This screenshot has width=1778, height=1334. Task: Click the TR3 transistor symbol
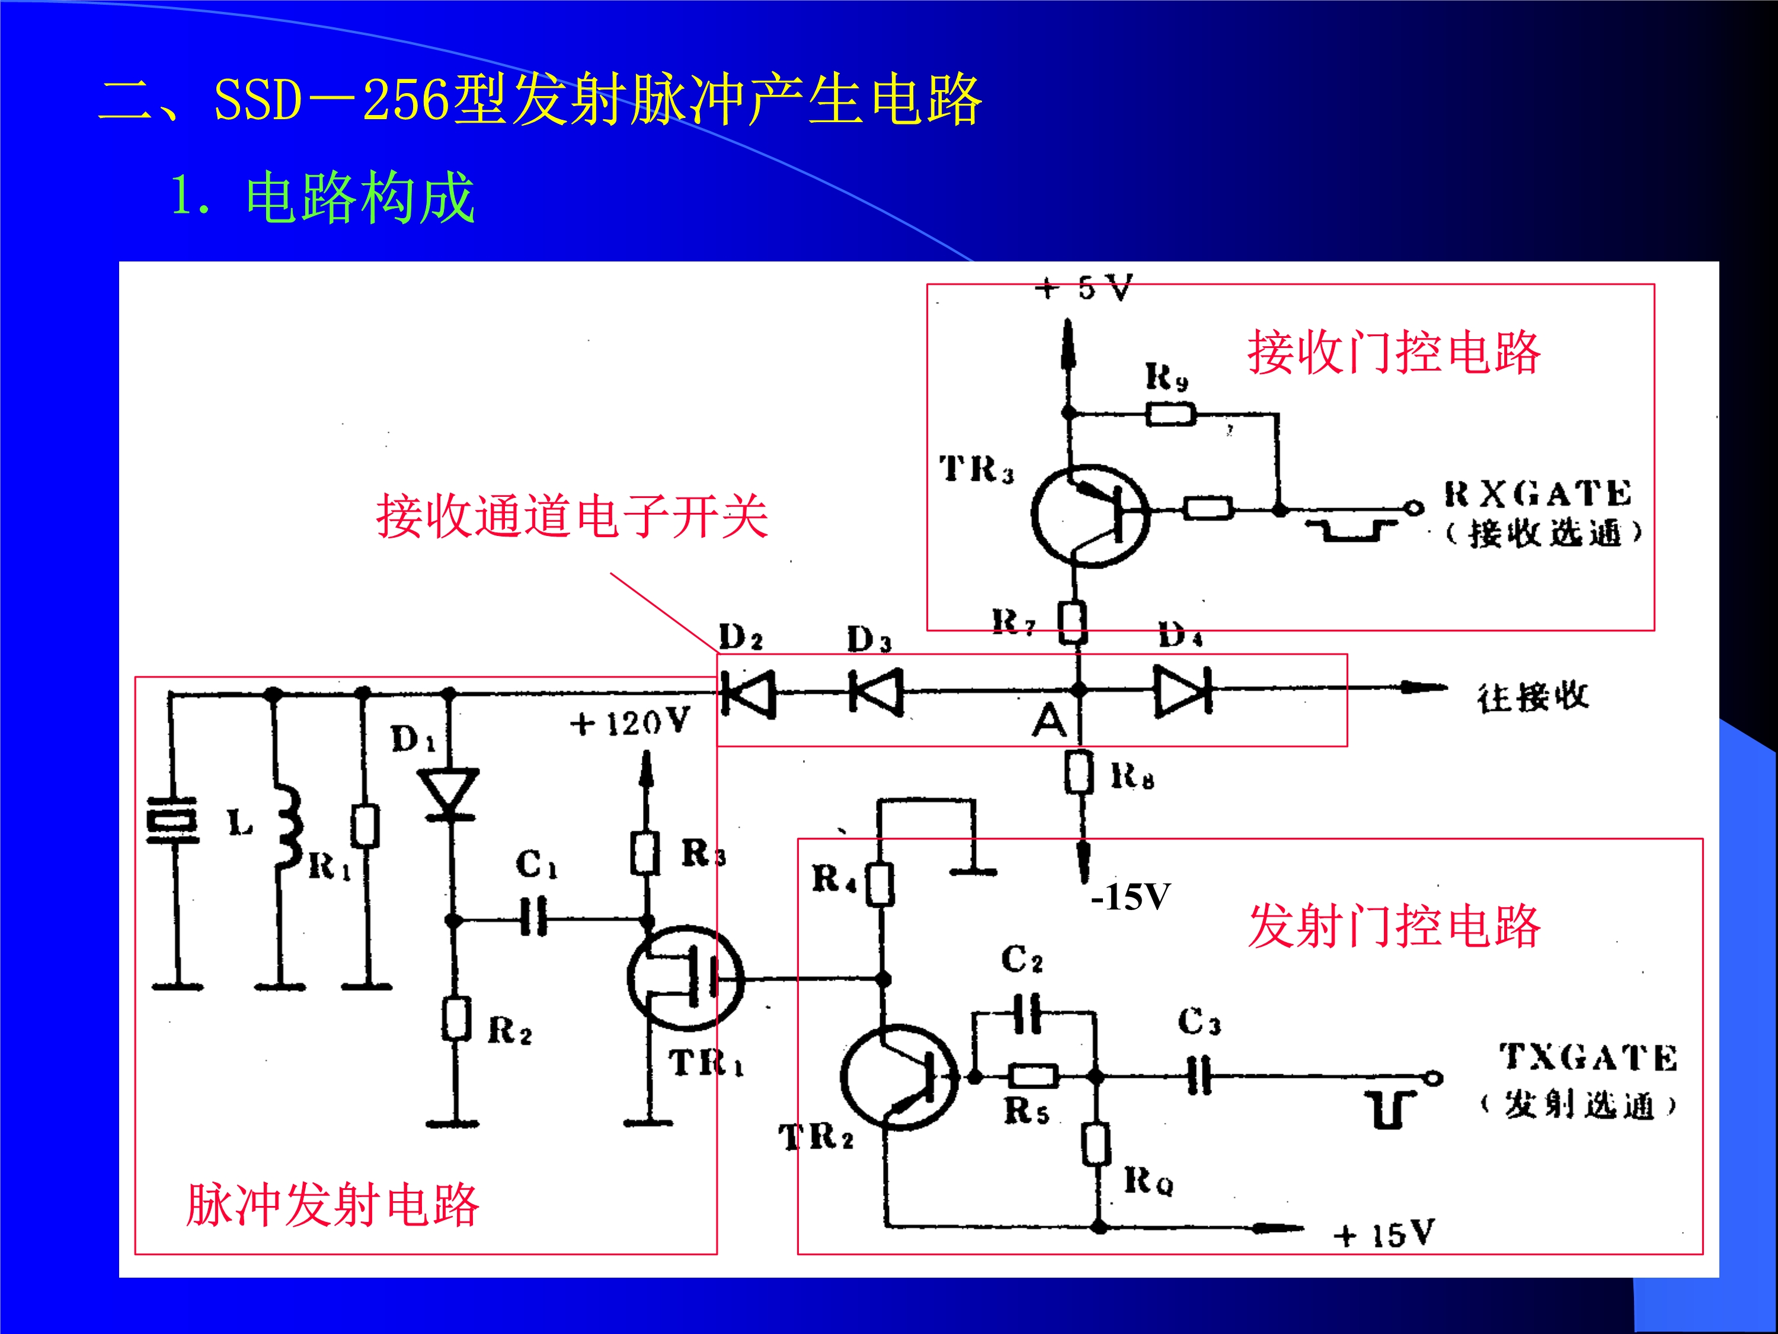(x=1091, y=515)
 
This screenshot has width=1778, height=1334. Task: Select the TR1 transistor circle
(x=685, y=978)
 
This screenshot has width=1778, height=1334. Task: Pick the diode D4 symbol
(x=1182, y=691)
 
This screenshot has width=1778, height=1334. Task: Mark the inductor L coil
(x=289, y=828)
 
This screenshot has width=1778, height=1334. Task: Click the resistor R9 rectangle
(x=1171, y=415)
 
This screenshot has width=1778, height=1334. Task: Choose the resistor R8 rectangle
(x=1079, y=772)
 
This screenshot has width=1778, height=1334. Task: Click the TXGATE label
(x=1588, y=1057)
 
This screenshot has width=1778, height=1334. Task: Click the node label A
(x=1050, y=720)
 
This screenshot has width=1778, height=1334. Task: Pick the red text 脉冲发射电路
(x=332, y=1205)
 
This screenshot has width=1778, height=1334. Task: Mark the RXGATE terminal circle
(x=1413, y=508)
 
